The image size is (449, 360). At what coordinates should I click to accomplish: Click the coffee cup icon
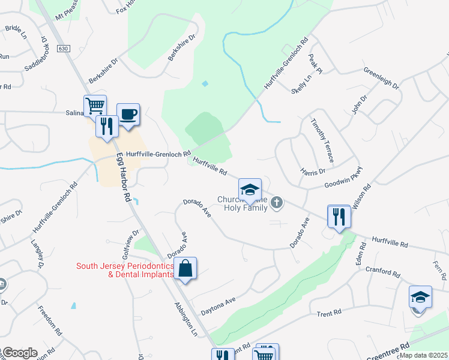(128, 114)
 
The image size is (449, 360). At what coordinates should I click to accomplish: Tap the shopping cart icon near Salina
(95, 106)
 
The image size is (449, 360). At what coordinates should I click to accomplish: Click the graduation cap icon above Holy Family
(250, 190)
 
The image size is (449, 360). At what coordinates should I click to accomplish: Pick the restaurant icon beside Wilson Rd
(339, 216)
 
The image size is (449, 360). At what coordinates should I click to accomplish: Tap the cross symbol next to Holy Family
(277, 203)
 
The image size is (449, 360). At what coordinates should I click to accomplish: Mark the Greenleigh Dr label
(381, 78)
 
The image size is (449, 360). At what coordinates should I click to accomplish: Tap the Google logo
(19, 353)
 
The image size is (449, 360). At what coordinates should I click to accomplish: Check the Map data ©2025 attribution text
(423, 355)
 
